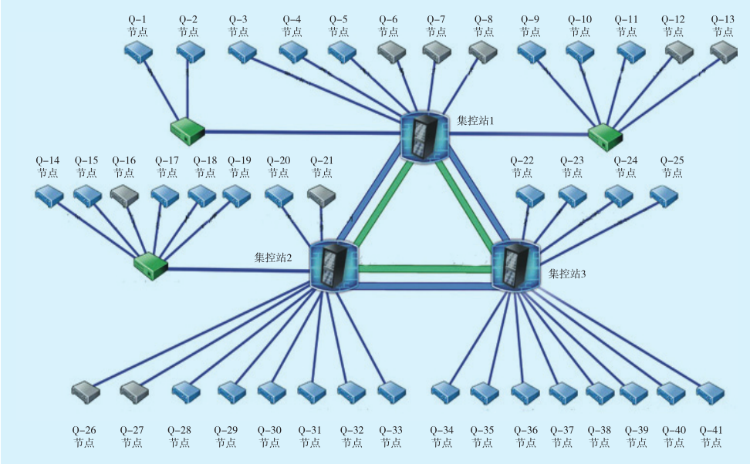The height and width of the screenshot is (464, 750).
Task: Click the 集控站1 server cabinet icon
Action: (425, 137)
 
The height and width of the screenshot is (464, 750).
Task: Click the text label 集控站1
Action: (475, 121)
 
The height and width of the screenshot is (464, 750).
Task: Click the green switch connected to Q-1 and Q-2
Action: (187, 131)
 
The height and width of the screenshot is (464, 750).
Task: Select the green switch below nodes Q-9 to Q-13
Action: (605, 136)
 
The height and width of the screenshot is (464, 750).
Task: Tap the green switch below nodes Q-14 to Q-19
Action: (150, 267)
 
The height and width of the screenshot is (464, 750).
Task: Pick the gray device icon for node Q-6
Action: (392, 52)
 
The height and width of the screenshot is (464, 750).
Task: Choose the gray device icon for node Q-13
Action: (724, 52)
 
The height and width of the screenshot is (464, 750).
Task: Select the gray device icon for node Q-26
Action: (85, 392)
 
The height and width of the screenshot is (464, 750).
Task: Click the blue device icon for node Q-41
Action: (711, 392)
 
